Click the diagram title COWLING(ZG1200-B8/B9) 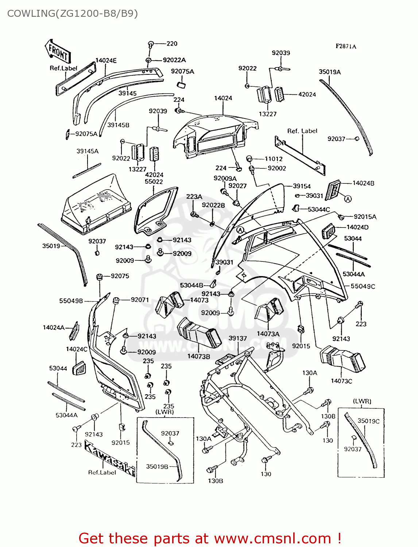tap(72, 13)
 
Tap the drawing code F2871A tap(346, 46)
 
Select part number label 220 tap(172, 44)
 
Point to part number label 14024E tap(106, 61)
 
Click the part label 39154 tap(302, 186)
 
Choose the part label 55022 tap(154, 182)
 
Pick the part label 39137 tap(237, 338)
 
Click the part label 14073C tap(341, 381)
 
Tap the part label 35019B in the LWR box tap(157, 466)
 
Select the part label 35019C tap(368, 421)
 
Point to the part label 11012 tap(274, 159)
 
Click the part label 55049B tap(71, 301)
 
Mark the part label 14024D tap(357, 227)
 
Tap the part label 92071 tap(140, 300)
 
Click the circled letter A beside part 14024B tap(348, 199)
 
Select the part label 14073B tap(198, 356)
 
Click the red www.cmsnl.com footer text tap(272, 538)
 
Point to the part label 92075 tap(120, 276)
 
